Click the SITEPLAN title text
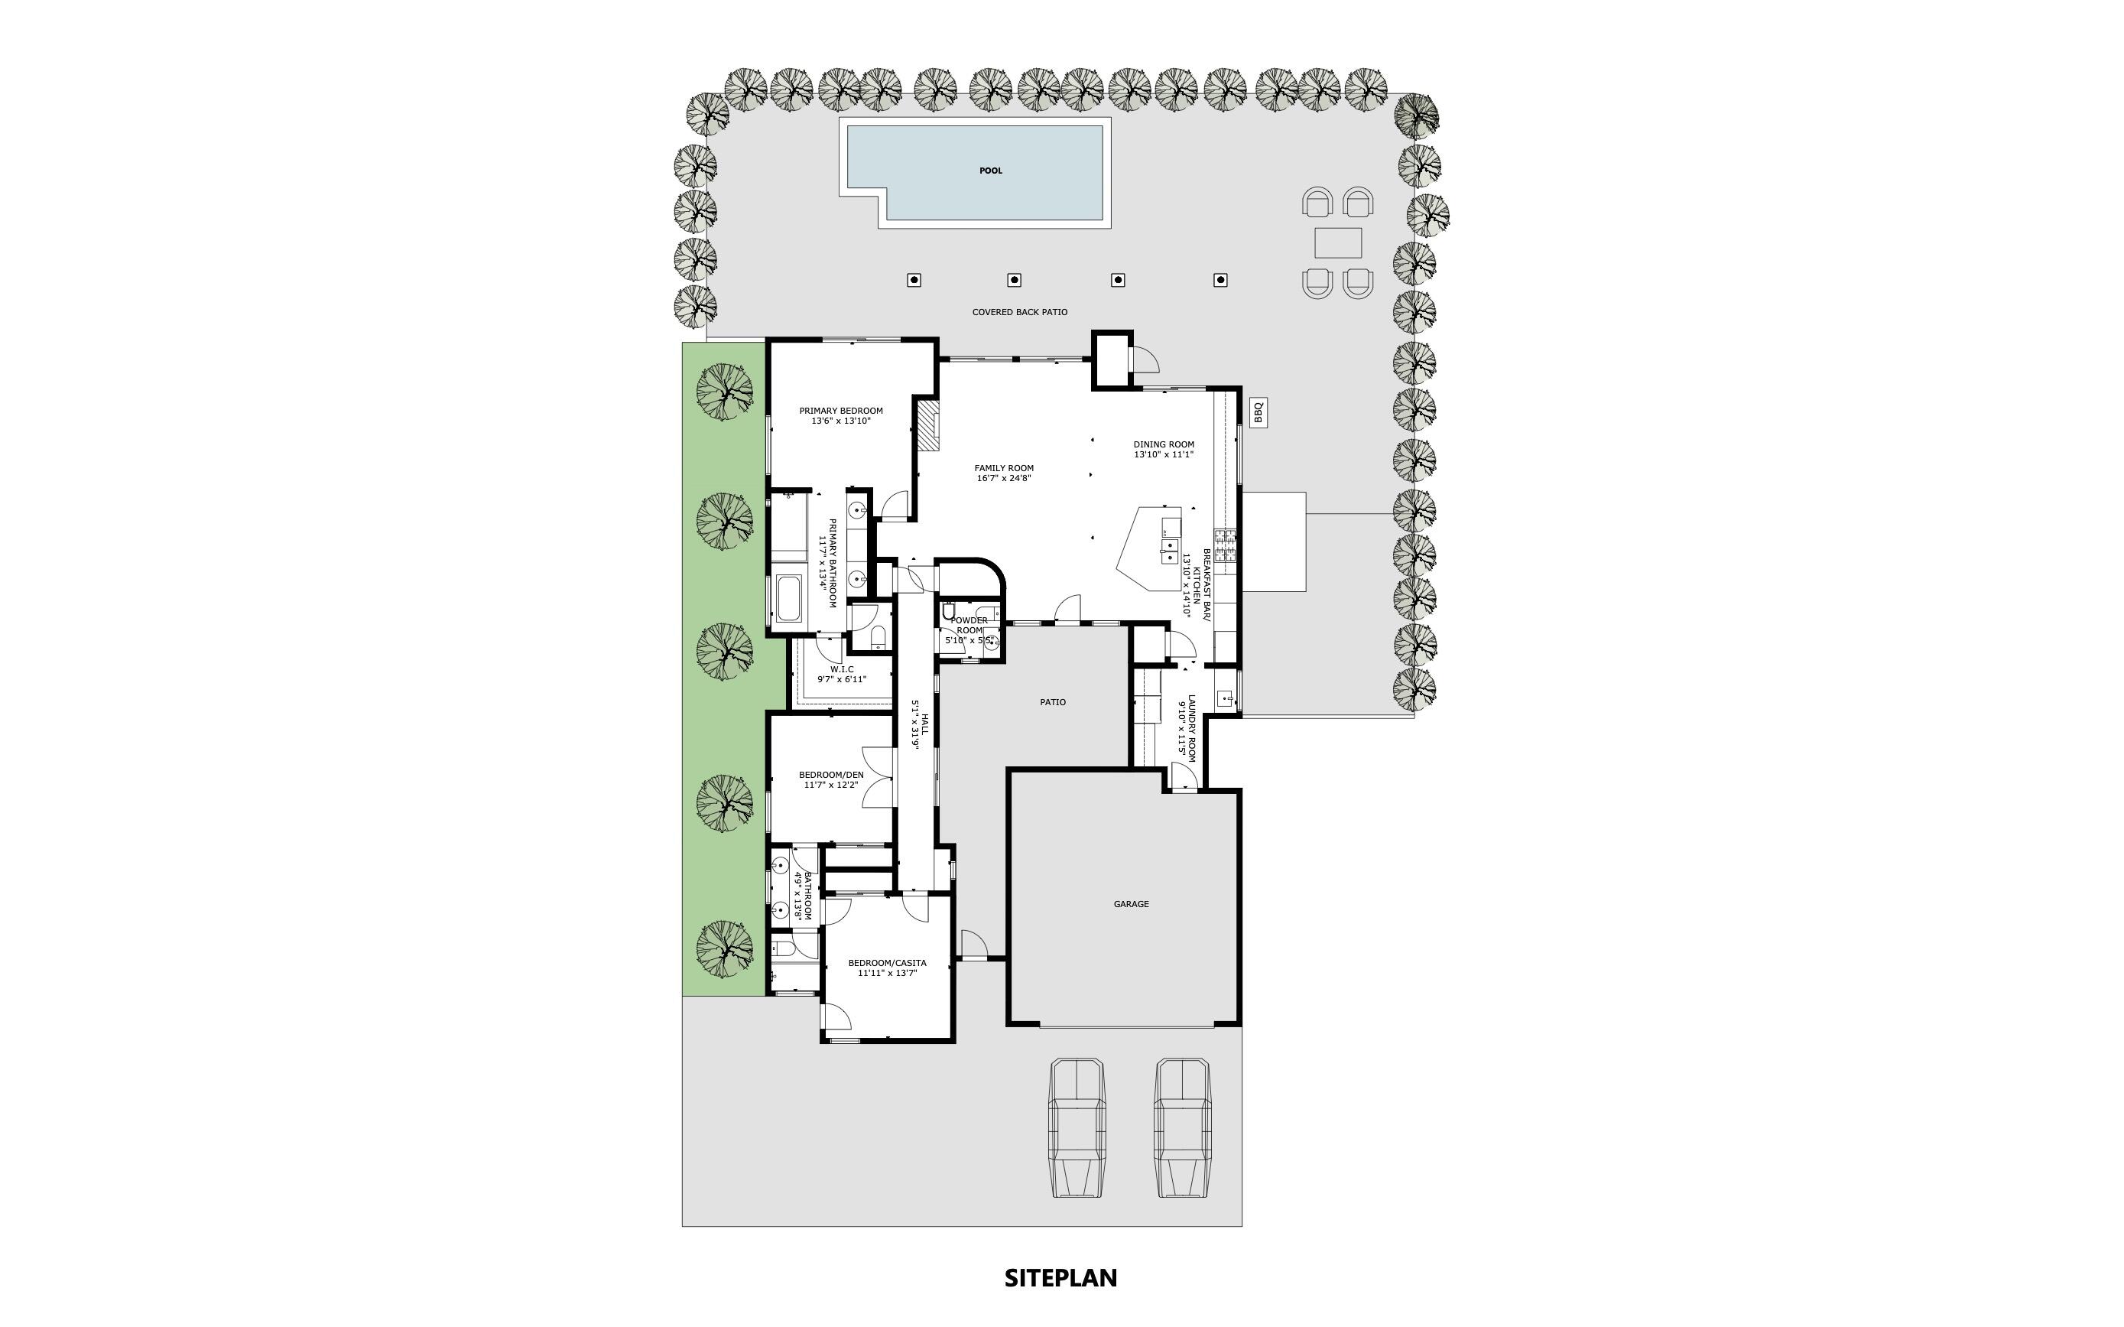point(1060,1278)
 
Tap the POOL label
point(990,171)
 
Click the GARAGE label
point(1131,904)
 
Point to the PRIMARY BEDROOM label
point(840,411)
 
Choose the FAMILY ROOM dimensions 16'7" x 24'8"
point(1004,478)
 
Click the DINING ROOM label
point(1164,444)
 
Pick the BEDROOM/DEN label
point(831,775)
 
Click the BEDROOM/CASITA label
point(887,963)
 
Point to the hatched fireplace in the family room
point(927,427)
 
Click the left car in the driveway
point(1077,1128)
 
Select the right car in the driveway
point(1182,1128)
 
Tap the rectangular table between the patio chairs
point(1338,243)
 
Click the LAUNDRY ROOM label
point(1187,727)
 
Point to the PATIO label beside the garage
point(1053,702)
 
